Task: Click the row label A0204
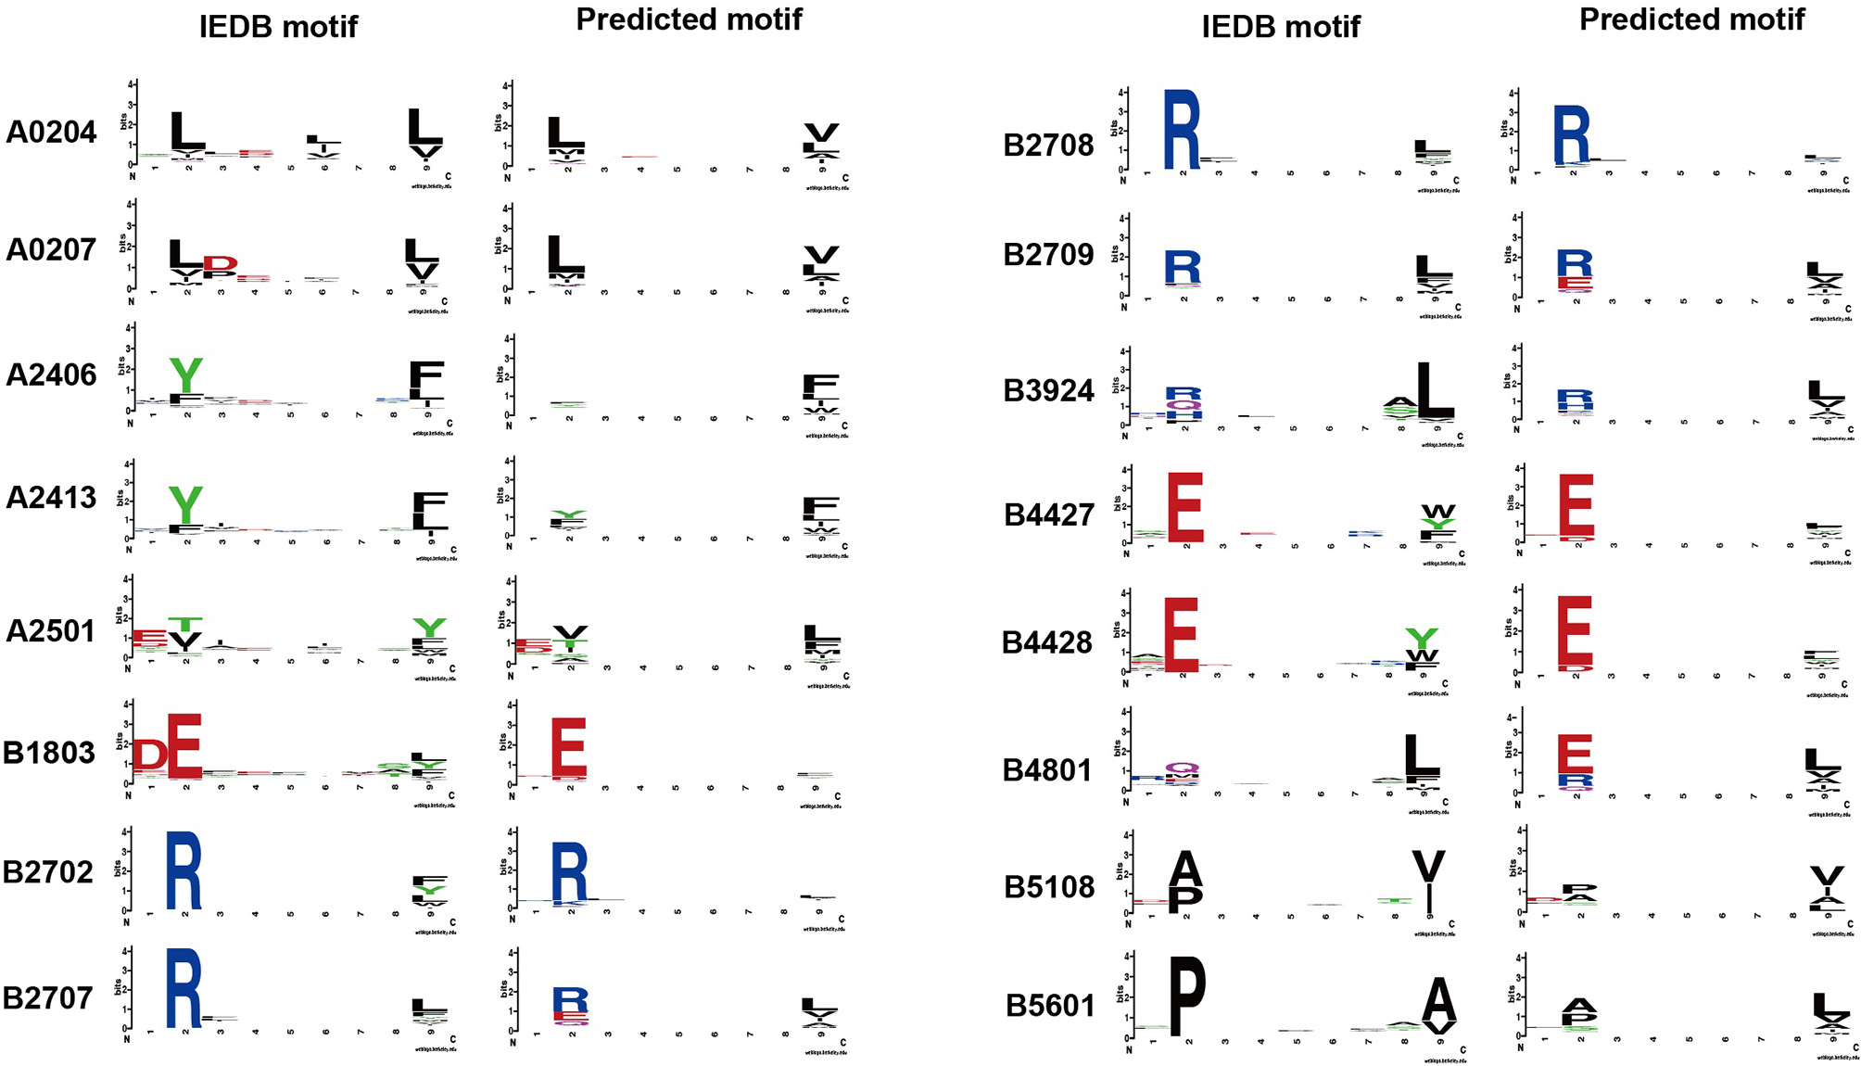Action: click(x=51, y=133)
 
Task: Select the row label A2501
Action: click(x=51, y=631)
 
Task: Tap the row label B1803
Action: click(x=49, y=753)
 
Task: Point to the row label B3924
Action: click(x=1048, y=391)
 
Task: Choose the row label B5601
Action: click(x=1050, y=1006)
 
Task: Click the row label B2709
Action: click(x=1048, y=255)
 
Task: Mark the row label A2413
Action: click(x=51, y=498)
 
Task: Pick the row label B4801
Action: click(x=1048, y=770)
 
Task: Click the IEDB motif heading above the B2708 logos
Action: click(x=1280, y=27)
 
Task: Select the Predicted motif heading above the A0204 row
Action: click(x=689, y=19)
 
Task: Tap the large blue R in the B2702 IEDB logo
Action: click(x=184, y=870)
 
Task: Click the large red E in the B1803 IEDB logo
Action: click(x=184, y=746)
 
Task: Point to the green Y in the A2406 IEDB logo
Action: click(x=185, y=375)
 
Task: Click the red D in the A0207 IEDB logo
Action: click(x=221, y=264)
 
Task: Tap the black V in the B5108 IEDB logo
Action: click(x=1428, y=868)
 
